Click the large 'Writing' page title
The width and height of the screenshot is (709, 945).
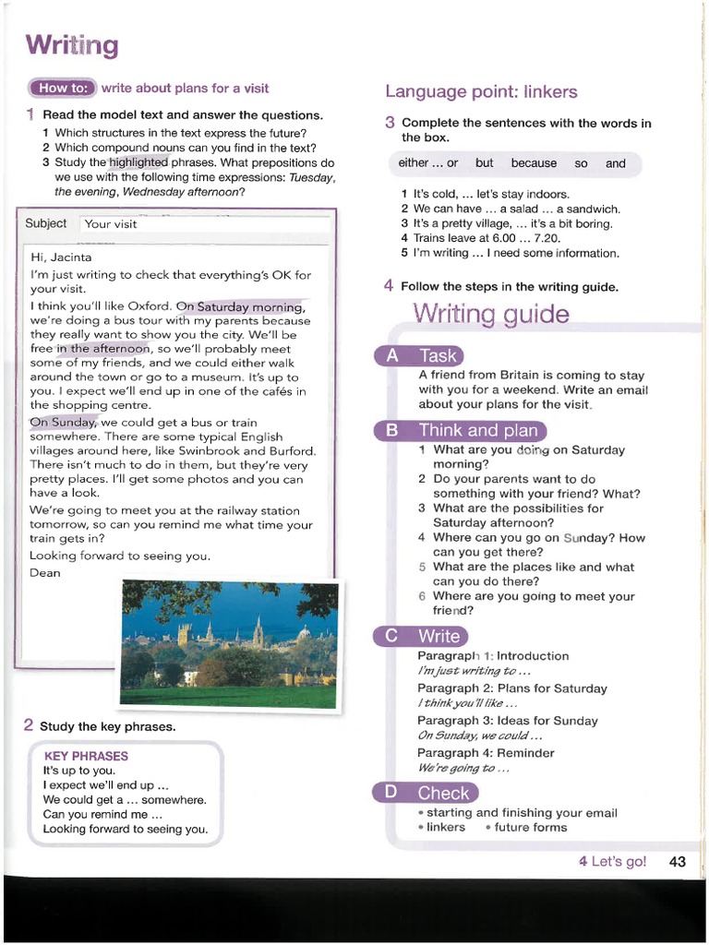[x=72, y=45]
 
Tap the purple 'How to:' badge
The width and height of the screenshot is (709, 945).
[x=62, y=89]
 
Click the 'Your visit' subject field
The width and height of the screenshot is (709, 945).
[x=205, y=224]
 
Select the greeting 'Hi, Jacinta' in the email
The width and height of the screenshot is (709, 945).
[x=61, y=257]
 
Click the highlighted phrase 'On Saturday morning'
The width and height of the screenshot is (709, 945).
[x=239, y=306]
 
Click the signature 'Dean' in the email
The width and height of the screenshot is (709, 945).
[x=45, y=573]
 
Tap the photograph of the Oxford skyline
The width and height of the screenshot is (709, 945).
[x=229, y=644]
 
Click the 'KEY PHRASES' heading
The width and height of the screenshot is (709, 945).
[x=86, y=756]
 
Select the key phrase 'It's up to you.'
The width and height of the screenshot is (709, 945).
[x=79, y=771]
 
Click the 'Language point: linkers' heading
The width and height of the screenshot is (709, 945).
[x=481, y=91]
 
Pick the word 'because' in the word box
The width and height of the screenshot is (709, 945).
[x=534, y=163]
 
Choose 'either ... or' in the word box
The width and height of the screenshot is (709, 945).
[x=428, y=163]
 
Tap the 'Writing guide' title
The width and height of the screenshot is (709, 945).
[x=490, y=315]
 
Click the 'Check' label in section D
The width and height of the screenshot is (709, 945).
[x=443, y=793]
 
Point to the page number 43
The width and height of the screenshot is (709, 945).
[x=677, y=862]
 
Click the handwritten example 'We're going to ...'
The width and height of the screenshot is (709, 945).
[x=463, y=768]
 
